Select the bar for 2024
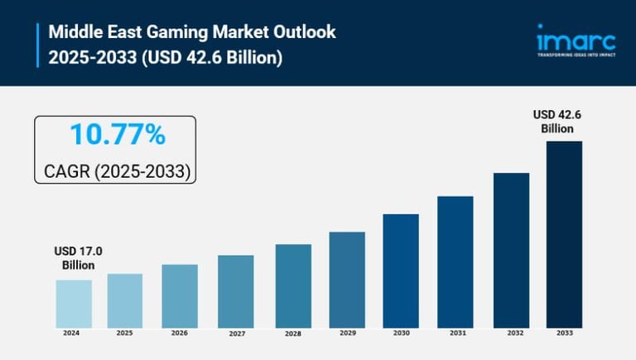74,303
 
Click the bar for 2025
125,300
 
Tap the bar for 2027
236,290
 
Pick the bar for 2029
347,279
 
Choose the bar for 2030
401,270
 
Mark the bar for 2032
511,249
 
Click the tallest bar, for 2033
564,233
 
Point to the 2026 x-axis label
180,334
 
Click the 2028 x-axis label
291,334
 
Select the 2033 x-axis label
564,334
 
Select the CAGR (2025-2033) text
117,171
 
